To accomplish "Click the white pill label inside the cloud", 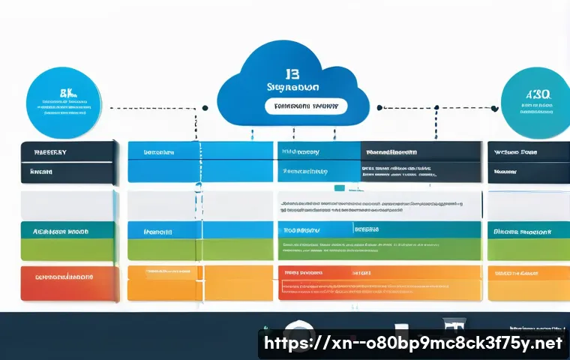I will [x=305, y=106].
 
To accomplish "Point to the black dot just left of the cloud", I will [x=205, y=107].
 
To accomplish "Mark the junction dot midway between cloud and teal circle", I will [x=379, y=107].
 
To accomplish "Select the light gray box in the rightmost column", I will [x=529, y=204].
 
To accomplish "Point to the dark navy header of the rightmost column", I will [x=529, y=151].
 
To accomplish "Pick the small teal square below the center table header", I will [x=340, y=187].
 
